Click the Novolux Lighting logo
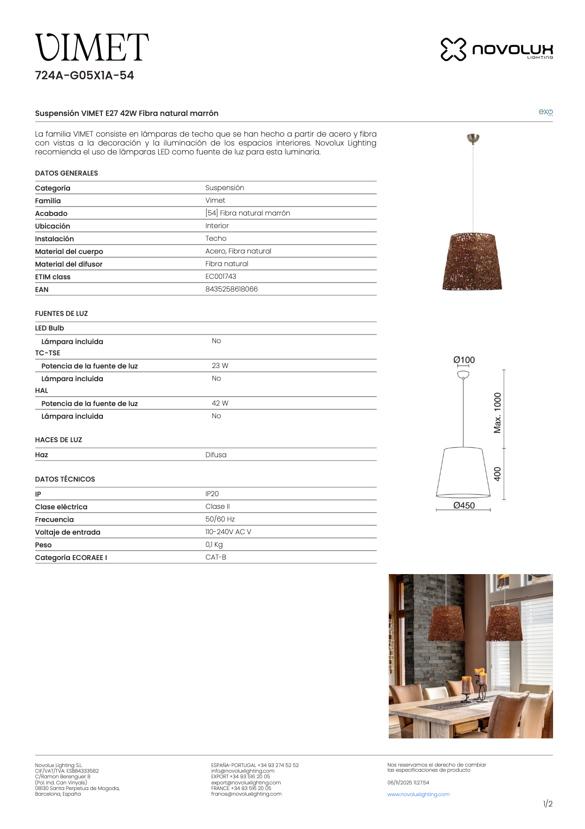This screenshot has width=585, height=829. coord(496,49)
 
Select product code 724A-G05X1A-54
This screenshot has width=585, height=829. coord(85,76)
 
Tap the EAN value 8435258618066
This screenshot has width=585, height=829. coord(231,289)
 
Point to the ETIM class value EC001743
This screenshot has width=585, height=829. coord(221,276)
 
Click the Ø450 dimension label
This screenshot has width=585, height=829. coord(464,506)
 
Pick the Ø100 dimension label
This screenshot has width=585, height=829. coord(464,360)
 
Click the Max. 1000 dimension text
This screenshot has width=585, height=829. coord(498,413)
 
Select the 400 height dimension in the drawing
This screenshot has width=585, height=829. coord(498,474)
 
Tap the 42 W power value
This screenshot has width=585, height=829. coord(220,403)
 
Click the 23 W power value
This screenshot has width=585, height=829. coord(220,366)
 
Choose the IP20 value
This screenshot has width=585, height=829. coord(212,494)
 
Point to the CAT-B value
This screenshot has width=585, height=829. coord(216,557)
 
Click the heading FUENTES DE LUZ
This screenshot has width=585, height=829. coord(62,314)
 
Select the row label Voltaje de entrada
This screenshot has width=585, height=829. coord(68,532)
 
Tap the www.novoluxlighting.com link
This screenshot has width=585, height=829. coord(418,794)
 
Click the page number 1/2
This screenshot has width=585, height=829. coord(547,804)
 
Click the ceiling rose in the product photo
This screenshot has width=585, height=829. coord(473,138)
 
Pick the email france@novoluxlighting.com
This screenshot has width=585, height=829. coord(246,794)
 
